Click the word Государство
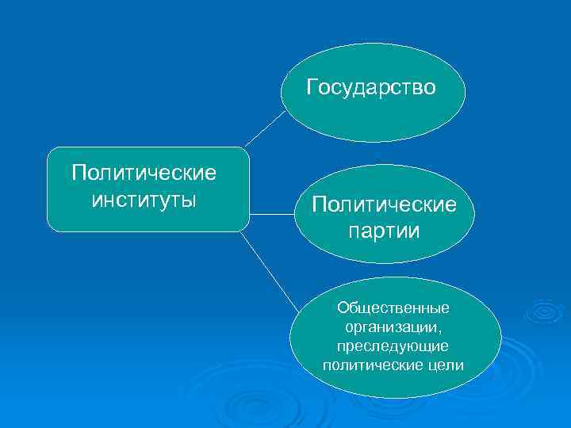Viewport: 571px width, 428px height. [x=371, y=86]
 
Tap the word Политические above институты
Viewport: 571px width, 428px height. [x=144, y=173]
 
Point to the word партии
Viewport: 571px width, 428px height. [x=384, y=231]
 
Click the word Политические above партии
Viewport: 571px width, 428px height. [x=384, y=205]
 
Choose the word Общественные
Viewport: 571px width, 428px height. [x=393, y=307]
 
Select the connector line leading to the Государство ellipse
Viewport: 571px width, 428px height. [x=265, y=128]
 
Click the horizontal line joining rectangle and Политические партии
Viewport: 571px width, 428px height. [x=271, y=213]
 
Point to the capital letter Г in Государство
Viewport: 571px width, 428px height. [x=312, y=86]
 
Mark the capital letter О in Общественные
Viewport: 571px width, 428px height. [x=343, y=307]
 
